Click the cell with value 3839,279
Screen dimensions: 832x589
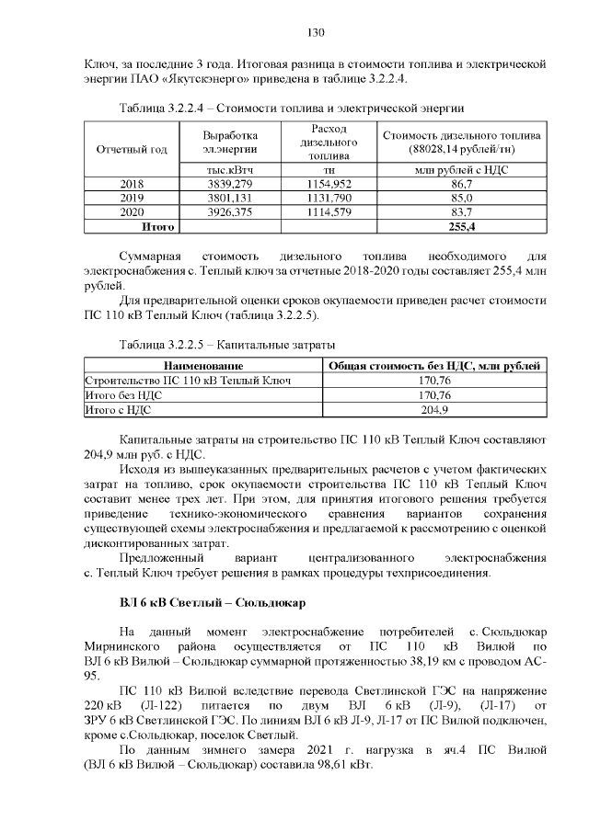[x=229, y=185]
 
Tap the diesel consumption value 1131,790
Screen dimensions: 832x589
[x=328, y=198]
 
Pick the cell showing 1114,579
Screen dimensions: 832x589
[x=328, y=211]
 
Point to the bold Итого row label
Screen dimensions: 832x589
[x=156, y=225]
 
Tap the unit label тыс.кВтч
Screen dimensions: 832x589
[x=229, y=170]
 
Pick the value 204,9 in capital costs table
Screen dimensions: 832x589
[x=433, y=409]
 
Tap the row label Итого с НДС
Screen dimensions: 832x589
[x=117, y=409]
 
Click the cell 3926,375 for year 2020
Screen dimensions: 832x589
[x=229, y=211]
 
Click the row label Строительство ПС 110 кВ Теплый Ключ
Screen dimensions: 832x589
[x=188, y=381]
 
